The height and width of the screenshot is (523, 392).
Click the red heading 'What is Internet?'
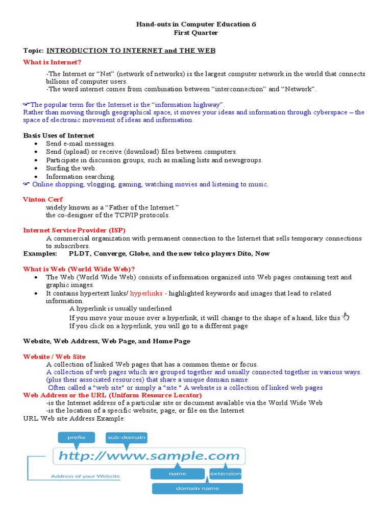point(52,62)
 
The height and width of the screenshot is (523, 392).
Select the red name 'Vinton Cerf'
point(43,199)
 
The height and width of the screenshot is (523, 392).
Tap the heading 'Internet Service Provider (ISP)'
point(74,230)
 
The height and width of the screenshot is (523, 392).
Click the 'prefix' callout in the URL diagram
point(76,437)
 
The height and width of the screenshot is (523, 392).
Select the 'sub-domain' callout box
point(126,437)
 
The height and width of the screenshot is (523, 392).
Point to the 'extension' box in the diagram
point(225,473)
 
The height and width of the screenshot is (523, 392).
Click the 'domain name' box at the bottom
point(197,488)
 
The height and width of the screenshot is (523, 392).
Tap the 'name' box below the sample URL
point(177,473)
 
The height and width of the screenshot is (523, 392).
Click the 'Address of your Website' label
point(85,477)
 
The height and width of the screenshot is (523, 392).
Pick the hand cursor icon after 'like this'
point(346,317)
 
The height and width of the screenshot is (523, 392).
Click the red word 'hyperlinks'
point(145,293)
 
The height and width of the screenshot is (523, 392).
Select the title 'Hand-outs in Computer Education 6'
point(196,24)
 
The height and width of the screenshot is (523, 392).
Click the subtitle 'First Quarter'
point(196,33)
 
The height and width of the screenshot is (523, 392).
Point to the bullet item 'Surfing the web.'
point(71,168)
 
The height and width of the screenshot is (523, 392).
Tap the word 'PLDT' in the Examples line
point(79,253)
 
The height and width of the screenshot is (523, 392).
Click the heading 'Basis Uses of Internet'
point(59,135)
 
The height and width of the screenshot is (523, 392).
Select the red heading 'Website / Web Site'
point(54,356)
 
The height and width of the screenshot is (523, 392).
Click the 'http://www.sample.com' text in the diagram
point(148,456)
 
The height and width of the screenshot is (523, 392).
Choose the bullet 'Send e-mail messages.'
point(81,144)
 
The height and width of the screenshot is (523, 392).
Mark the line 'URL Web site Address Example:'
point(74,418)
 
